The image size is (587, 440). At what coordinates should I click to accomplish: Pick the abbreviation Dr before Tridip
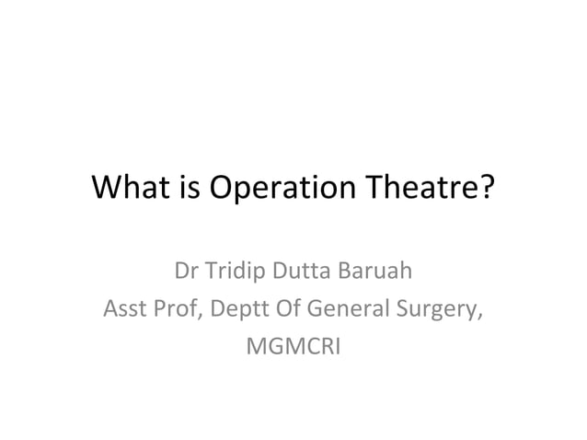(x=186, y=273)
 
